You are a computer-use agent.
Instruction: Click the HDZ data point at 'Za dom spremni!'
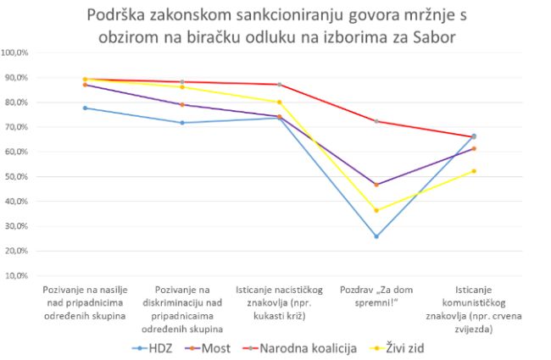tap(376, 236)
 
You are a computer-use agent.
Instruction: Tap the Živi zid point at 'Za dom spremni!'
tap(376, 210)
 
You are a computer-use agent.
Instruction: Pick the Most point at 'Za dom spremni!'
tap(376, 185)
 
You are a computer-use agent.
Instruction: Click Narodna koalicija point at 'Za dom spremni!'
tap(376, 121)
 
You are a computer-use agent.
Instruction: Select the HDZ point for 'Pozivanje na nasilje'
tap(85, 108)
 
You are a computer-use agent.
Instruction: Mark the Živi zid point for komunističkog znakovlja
tap(473, 171)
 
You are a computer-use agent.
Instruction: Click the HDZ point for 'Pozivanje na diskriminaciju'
tap(182, 123)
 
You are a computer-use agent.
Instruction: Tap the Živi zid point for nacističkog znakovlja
tap(279, 102)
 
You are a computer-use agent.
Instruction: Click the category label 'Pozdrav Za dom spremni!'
tap(376, 296)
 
